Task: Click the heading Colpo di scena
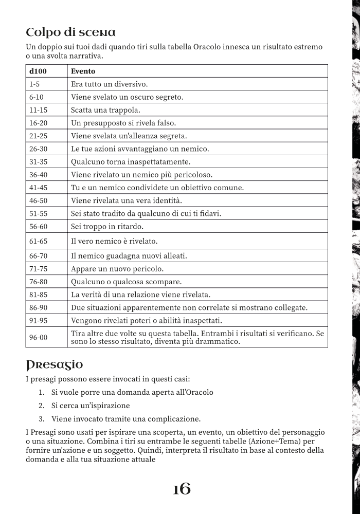[x=71, y=32]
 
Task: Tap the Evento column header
[x=83, y=71]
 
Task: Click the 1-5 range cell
[x=34, y=84]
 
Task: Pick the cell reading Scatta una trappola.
[x=105, y=110]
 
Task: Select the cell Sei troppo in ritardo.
[x=107, y=226]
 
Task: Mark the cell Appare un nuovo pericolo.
[x=117, y=269]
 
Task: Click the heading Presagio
[x=54, y=365]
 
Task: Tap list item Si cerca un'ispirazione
[x=91, y=406]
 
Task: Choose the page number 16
[x=182, y=489]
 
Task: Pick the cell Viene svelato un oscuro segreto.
[x=127, y=97]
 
